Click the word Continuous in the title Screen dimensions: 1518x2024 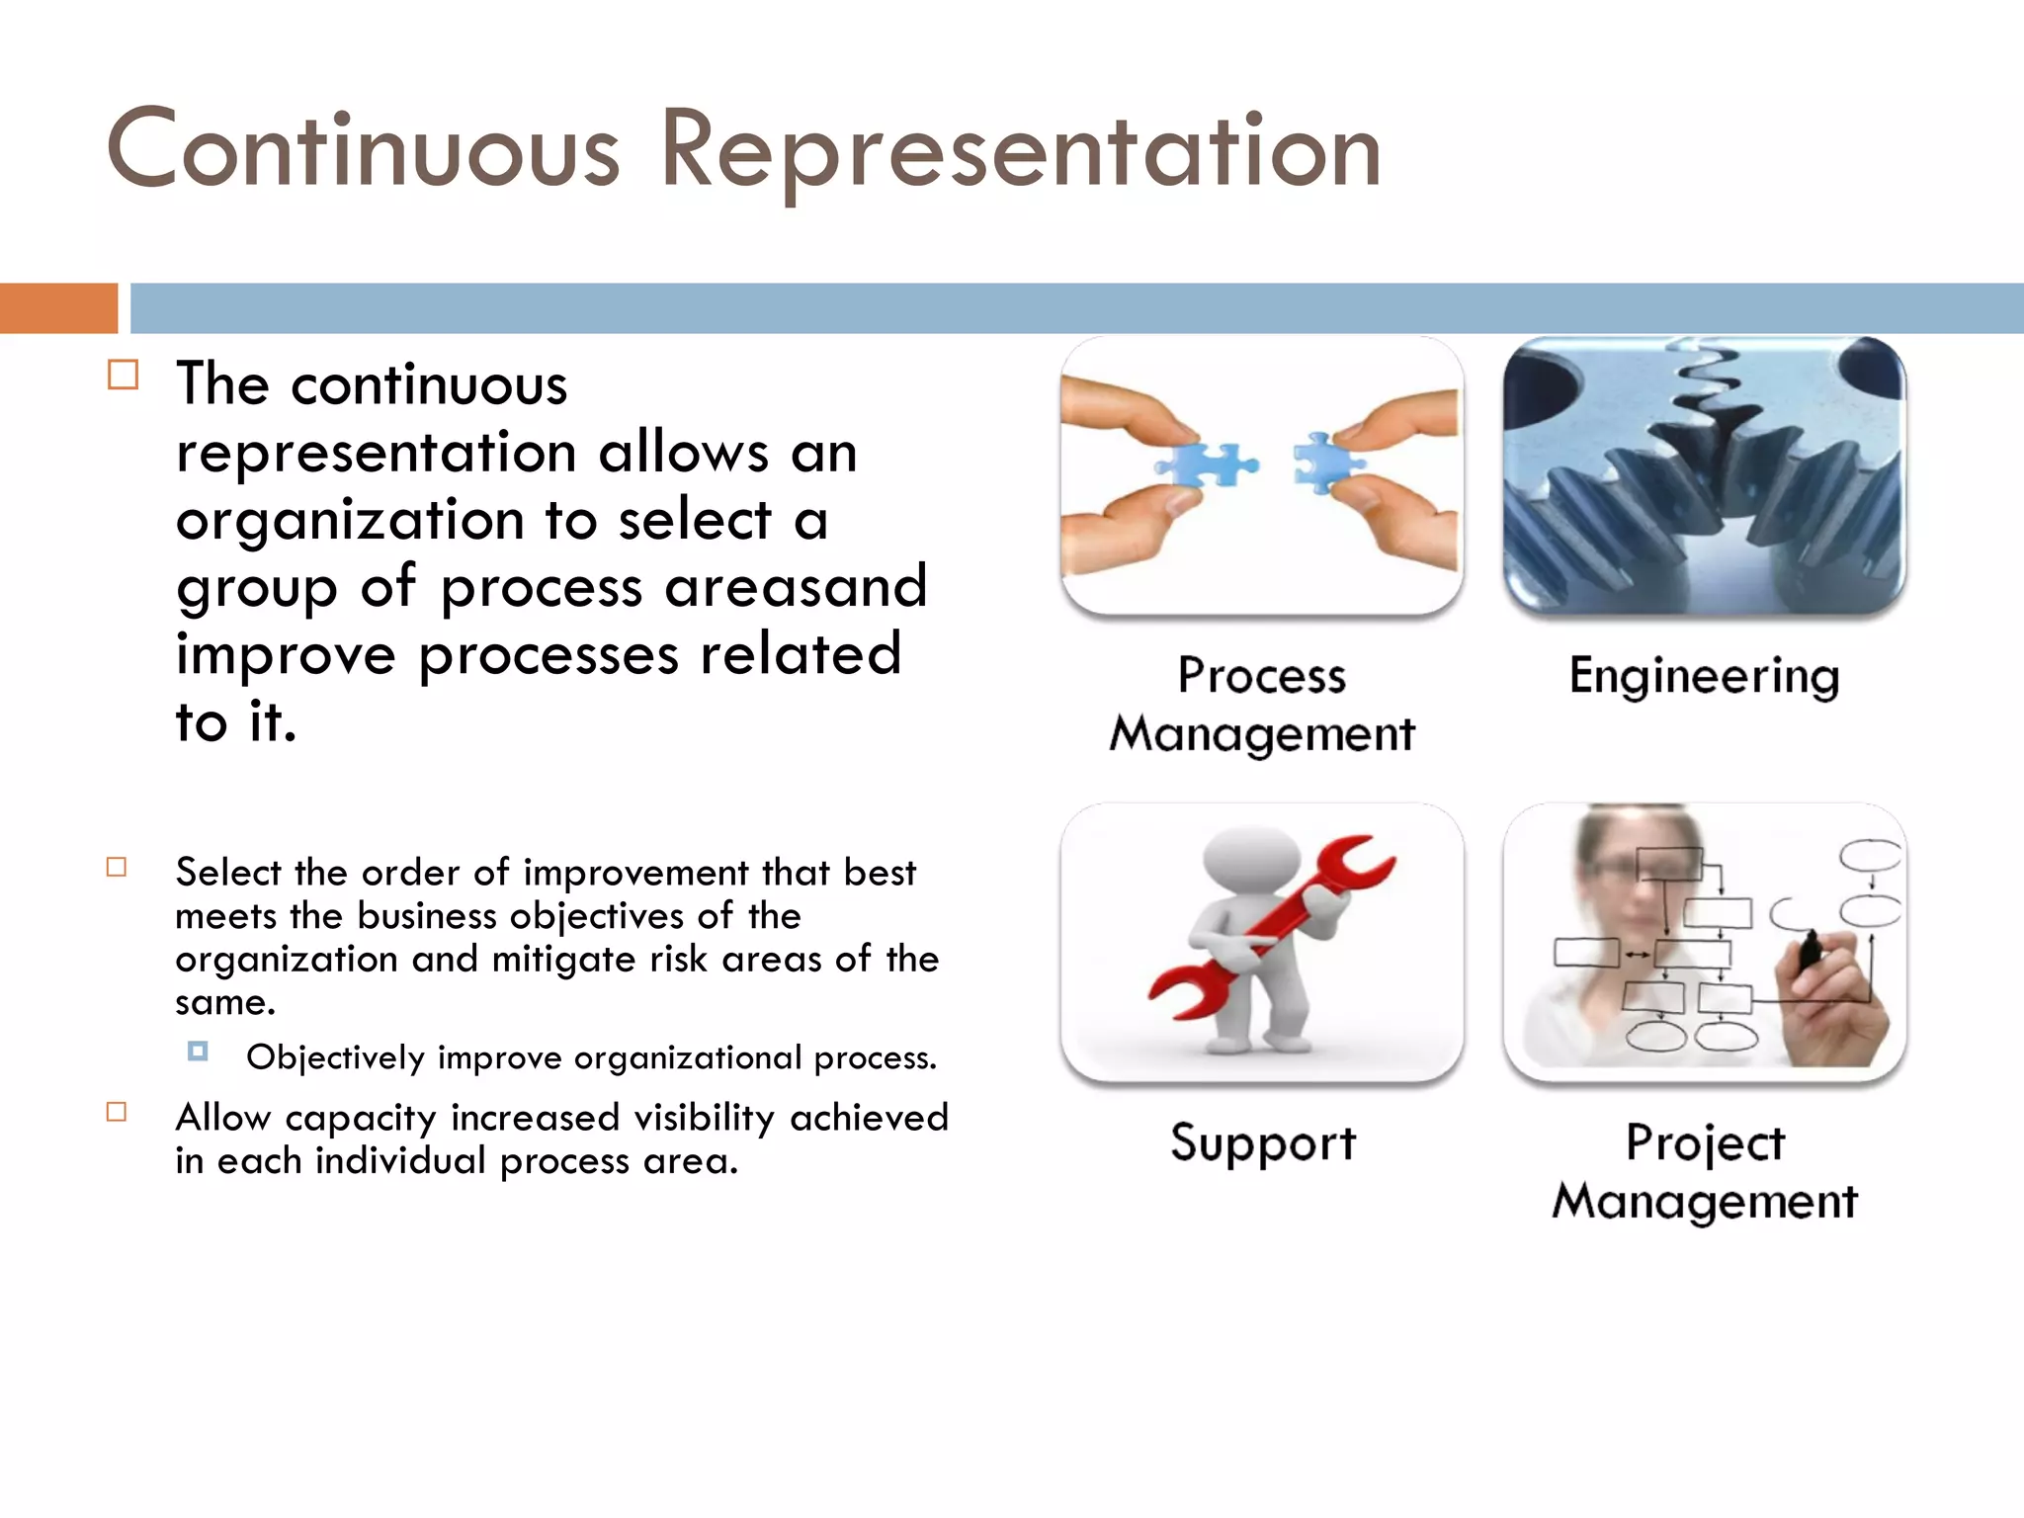click(363, 150)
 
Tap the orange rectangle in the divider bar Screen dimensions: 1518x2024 click(58, 307)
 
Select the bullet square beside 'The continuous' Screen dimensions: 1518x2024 click(123, 376)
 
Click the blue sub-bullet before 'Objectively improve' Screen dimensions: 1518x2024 click(198, 1051)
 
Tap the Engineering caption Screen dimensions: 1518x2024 click(1704, 677)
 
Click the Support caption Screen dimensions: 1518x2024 click(1262, 1143)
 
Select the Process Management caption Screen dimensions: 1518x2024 click(1262, 704)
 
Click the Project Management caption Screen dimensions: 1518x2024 click(1704, 1171)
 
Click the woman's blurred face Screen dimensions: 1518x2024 click(1621, 870)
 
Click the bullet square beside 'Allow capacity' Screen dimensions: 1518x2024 click(117, 1112)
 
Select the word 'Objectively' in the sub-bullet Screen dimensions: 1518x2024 click(335, 1057)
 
